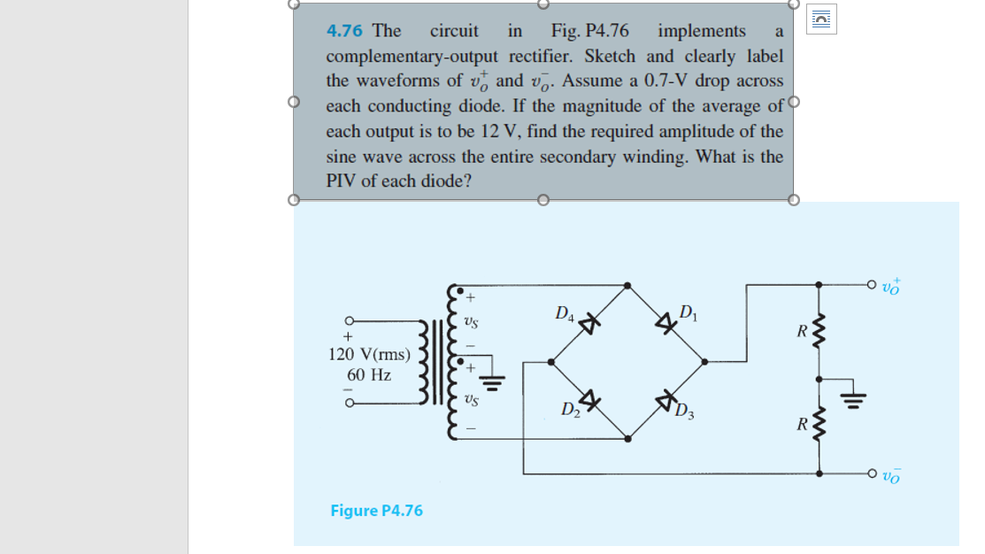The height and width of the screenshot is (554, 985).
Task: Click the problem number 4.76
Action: [344, 31]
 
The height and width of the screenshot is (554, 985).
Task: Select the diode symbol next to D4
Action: [586, 322]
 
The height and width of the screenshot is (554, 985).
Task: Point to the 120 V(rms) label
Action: [369, 355]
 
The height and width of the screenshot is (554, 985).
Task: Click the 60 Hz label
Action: [369, 374]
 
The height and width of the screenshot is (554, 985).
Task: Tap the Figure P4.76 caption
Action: [376, 511]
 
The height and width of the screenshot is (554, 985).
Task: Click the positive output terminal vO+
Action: [889, 286]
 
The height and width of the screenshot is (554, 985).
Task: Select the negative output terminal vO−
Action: [889, 474]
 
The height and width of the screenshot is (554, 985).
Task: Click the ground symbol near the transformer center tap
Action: [496, 381]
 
